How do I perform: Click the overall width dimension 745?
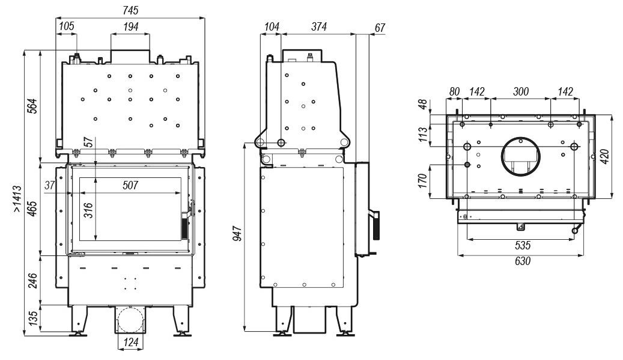130,11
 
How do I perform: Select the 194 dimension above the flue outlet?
130,26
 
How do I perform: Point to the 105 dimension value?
67,26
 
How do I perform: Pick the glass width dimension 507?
129,186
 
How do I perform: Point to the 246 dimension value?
33,281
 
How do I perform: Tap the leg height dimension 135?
33,317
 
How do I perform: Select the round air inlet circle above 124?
130,319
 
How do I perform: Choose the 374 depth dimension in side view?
319,26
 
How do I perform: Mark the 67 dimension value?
379,28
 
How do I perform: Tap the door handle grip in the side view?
375,226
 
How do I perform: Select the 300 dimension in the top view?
521,92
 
